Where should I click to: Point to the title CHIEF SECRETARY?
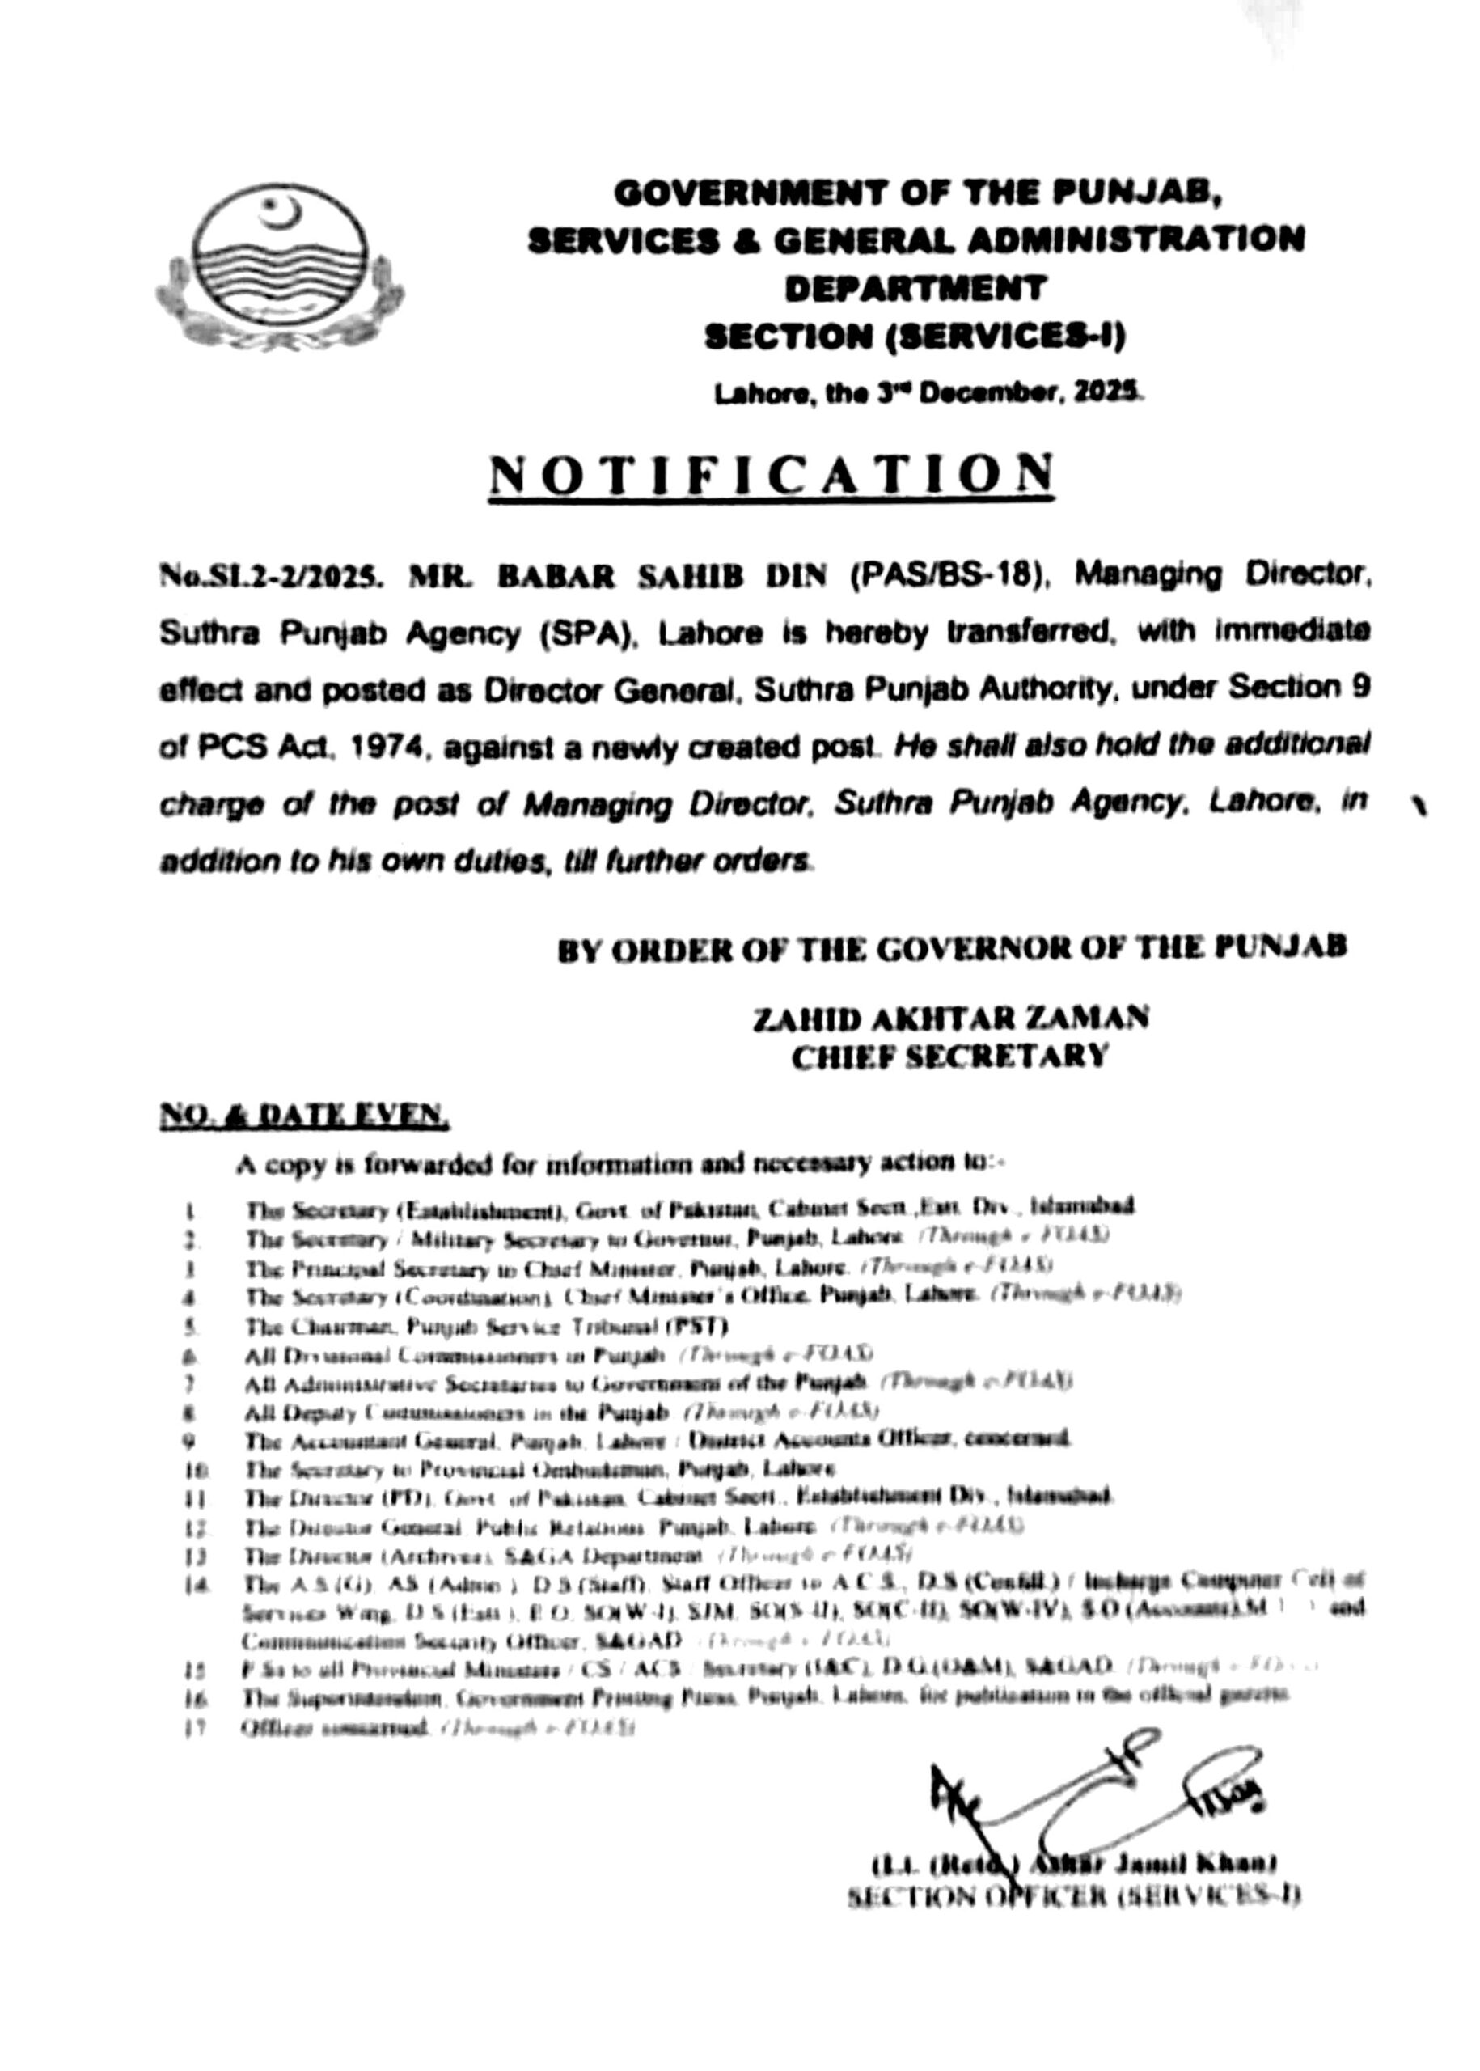point(949,1057)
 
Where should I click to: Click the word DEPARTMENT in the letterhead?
point(915,289)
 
